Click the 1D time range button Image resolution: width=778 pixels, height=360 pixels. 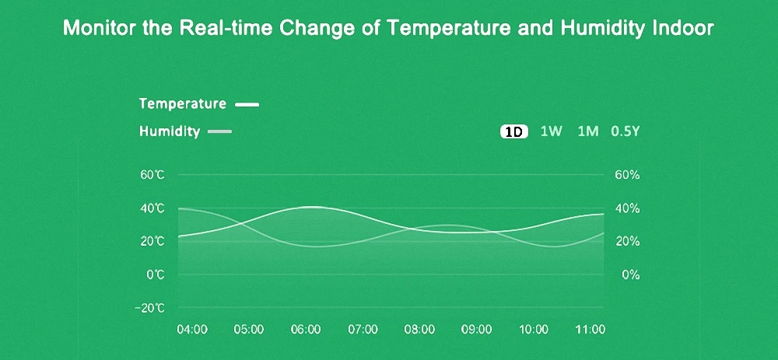(x=513, y=131)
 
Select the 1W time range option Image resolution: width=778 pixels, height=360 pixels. (x=551, y=131)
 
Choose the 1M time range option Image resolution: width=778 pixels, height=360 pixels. (x=588, y=131)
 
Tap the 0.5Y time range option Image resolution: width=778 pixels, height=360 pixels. (x=625, y=131)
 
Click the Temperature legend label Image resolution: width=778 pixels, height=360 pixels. (x=183, y=103)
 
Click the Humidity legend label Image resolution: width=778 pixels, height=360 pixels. (x=170, y=131)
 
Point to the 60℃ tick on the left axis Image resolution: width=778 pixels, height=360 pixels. (x=152, y=175)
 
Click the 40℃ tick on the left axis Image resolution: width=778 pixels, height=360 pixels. (x=152, y=208)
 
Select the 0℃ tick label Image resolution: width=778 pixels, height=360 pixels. (x=156, y=275)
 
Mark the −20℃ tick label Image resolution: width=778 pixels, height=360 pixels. (x=149, y=308)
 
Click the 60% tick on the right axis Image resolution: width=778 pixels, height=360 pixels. (x=627, y=175)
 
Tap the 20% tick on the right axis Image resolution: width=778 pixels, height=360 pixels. (x=627, y=242)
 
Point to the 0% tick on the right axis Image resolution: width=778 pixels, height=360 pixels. (x=630, y=275)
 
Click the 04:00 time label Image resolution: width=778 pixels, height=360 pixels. (x=192, y=329)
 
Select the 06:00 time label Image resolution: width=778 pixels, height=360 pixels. (x=306, y=329)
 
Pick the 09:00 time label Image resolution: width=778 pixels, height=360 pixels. (x=476, y=329)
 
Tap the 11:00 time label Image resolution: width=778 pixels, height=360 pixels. (x=590, y=329)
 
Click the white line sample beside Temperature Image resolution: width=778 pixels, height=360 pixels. (x=247, y=103)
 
